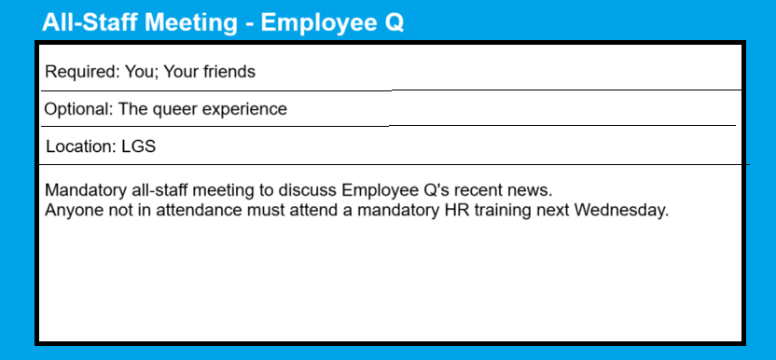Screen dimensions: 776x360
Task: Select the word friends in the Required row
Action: pos(229,72)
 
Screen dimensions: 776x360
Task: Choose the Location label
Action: pos(81,146)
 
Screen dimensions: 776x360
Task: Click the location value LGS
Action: pos(139,146)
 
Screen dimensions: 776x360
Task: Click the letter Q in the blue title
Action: pos(395,22)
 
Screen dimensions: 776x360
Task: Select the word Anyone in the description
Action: pos(73,211)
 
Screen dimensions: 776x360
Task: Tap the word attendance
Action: pos(196,211)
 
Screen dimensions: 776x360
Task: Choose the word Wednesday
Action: pos(621,211)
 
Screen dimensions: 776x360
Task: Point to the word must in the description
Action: pos(262,211)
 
